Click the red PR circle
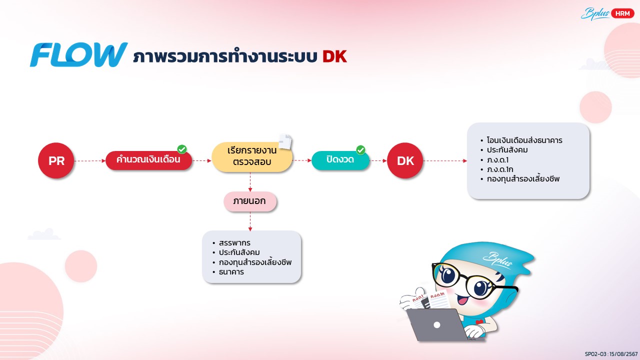(x=56, y=161)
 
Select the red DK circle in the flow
(x=404, y=161)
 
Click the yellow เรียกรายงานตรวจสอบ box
(x=251, y=157)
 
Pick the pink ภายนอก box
(x=249, y=201)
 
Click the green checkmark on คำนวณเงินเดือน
(x=182, y=149)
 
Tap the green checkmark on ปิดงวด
(x=360, y=150)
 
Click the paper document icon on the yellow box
(x=285, y=141)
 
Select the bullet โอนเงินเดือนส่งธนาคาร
(x=524, y=140)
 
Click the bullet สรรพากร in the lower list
(x=234, y=243)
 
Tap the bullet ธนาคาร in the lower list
(x=231, y=272)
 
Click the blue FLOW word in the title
(x=78, y=55)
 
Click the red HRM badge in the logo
(x=622, y=14)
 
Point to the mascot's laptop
(x=436, y=325)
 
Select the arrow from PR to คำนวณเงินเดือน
(x=89, y=161)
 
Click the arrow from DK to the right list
(x=445, y=161)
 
